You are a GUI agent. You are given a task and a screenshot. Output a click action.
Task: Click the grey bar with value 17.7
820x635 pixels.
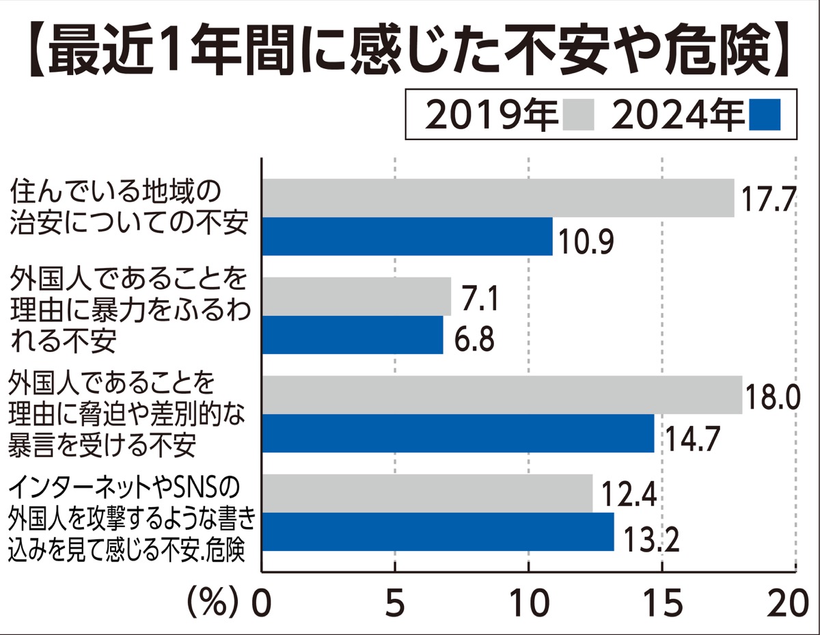pos(498,198)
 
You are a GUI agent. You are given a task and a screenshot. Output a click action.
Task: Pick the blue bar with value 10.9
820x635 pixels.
pos(407,237)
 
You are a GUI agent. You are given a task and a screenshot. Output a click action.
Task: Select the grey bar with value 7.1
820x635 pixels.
pos(357,297)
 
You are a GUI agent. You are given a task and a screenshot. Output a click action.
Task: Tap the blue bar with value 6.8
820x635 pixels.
pos(353,335)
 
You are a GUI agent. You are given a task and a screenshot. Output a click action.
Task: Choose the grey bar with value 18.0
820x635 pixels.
pos(502,395)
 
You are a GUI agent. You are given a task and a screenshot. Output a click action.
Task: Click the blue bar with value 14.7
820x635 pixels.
pos(458,433)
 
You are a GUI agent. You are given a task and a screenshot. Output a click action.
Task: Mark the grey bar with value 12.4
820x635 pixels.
pos(427,493)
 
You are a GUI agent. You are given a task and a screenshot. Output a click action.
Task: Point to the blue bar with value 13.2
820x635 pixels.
pos(438,531)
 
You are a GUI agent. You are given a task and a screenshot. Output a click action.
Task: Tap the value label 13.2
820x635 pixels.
pos(648,542)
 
